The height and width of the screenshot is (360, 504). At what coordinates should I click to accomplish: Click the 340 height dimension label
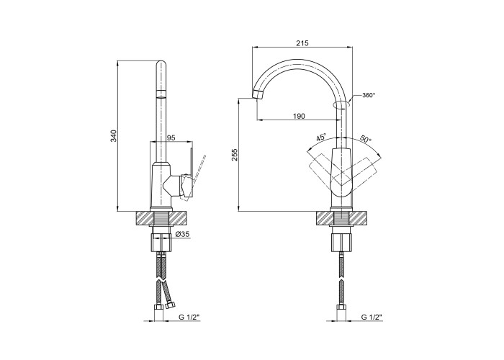[114, 135]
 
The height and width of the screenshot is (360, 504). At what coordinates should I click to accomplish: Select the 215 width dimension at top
[302, 43]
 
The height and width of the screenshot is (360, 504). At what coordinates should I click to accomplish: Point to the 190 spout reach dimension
[299, 116]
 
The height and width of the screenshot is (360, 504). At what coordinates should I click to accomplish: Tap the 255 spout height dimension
[235, 155]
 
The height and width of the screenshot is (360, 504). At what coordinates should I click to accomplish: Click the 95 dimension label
[171, 138]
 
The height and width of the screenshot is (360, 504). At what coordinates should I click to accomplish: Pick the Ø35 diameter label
[182, 235]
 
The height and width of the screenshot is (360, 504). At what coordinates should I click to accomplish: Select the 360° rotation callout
[369, 95]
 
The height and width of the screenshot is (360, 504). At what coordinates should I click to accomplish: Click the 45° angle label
[321, 138]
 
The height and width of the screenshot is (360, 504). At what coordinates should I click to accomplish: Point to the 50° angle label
[366, 139]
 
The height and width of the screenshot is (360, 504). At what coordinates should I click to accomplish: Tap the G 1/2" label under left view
[189, 318]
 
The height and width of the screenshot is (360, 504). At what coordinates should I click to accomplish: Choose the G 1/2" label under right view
[372, 318]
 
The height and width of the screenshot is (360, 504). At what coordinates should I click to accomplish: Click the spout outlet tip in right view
[257, 95]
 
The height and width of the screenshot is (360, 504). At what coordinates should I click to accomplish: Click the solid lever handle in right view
[343, 173]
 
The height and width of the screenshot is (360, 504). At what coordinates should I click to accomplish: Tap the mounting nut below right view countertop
[342, 243]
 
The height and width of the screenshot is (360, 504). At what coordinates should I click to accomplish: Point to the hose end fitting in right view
[341, 308]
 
